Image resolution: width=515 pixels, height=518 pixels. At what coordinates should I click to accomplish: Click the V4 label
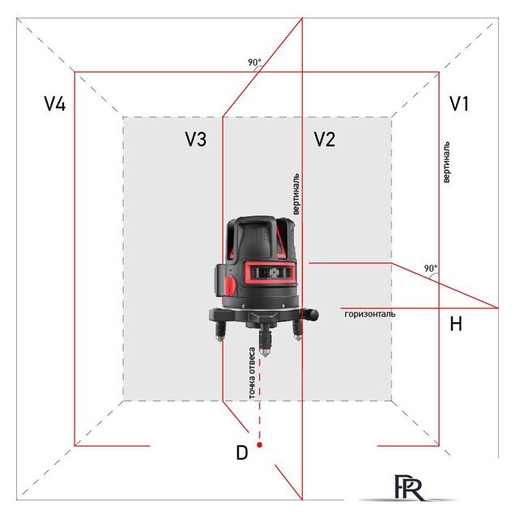[x=55, y=104]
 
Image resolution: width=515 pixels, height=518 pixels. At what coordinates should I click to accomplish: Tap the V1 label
[x=459, y=104]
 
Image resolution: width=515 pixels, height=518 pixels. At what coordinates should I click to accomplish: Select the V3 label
[x=195, y=140]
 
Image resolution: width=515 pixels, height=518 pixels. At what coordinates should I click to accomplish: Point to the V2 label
[x=324, y=140]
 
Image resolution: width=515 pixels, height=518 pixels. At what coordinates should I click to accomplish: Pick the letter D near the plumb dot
[x=241, y=453]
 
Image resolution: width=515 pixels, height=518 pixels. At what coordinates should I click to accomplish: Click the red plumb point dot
[x=259, y=444]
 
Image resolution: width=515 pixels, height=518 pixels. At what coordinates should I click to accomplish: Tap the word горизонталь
[x=369, y=313]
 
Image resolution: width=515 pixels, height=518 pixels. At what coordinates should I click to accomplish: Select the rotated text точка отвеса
[x=253, y=373]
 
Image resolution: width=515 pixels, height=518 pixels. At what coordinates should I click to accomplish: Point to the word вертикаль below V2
[x=296, y=193]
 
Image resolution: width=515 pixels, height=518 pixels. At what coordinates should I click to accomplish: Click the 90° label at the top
[x=255, y=62]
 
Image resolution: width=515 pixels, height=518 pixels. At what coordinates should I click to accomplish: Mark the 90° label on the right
[x=430, y=268]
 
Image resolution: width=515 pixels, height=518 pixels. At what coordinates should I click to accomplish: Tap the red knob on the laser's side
[x=231, y=284]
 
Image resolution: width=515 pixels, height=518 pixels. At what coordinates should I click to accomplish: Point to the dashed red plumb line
[x=259, y=405]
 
